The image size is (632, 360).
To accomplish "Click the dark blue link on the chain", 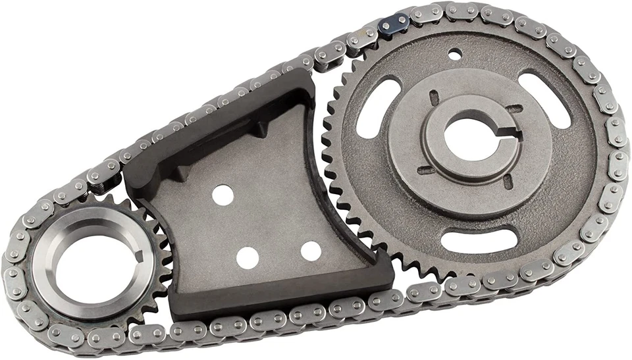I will pos(394,24).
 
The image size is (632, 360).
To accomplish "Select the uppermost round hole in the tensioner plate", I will pos(223,194).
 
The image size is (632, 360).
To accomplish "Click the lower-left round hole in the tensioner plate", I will pos(246,257).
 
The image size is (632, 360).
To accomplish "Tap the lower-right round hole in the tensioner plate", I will pos(311,250).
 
